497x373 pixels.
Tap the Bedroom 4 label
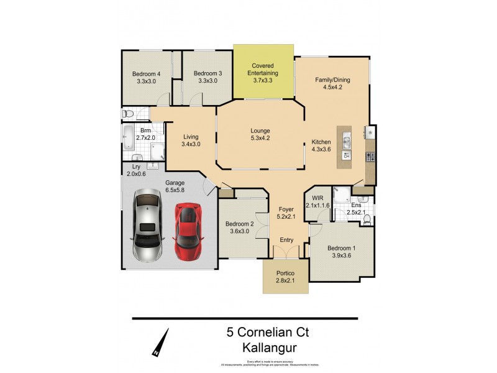pyautogui.click(x=148, y=77)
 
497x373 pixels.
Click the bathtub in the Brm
pyautogui.click(x=129, y=137)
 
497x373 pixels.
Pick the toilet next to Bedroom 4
pyautogui.click(x=128, y=114)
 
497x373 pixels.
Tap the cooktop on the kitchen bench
pyautogui.click(x=370, y=156)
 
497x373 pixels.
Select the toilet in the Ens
pyautogui.click(x=367, y=218)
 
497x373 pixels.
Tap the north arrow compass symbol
pyautogui.click(x=160, y=343)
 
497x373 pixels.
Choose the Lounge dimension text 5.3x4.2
pyautogui.click(x=260, y=139)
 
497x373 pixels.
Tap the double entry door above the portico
pyautogui.click(x=286, y=253)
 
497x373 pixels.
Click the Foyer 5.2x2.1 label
pyautogui.click(x=286, y=213)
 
